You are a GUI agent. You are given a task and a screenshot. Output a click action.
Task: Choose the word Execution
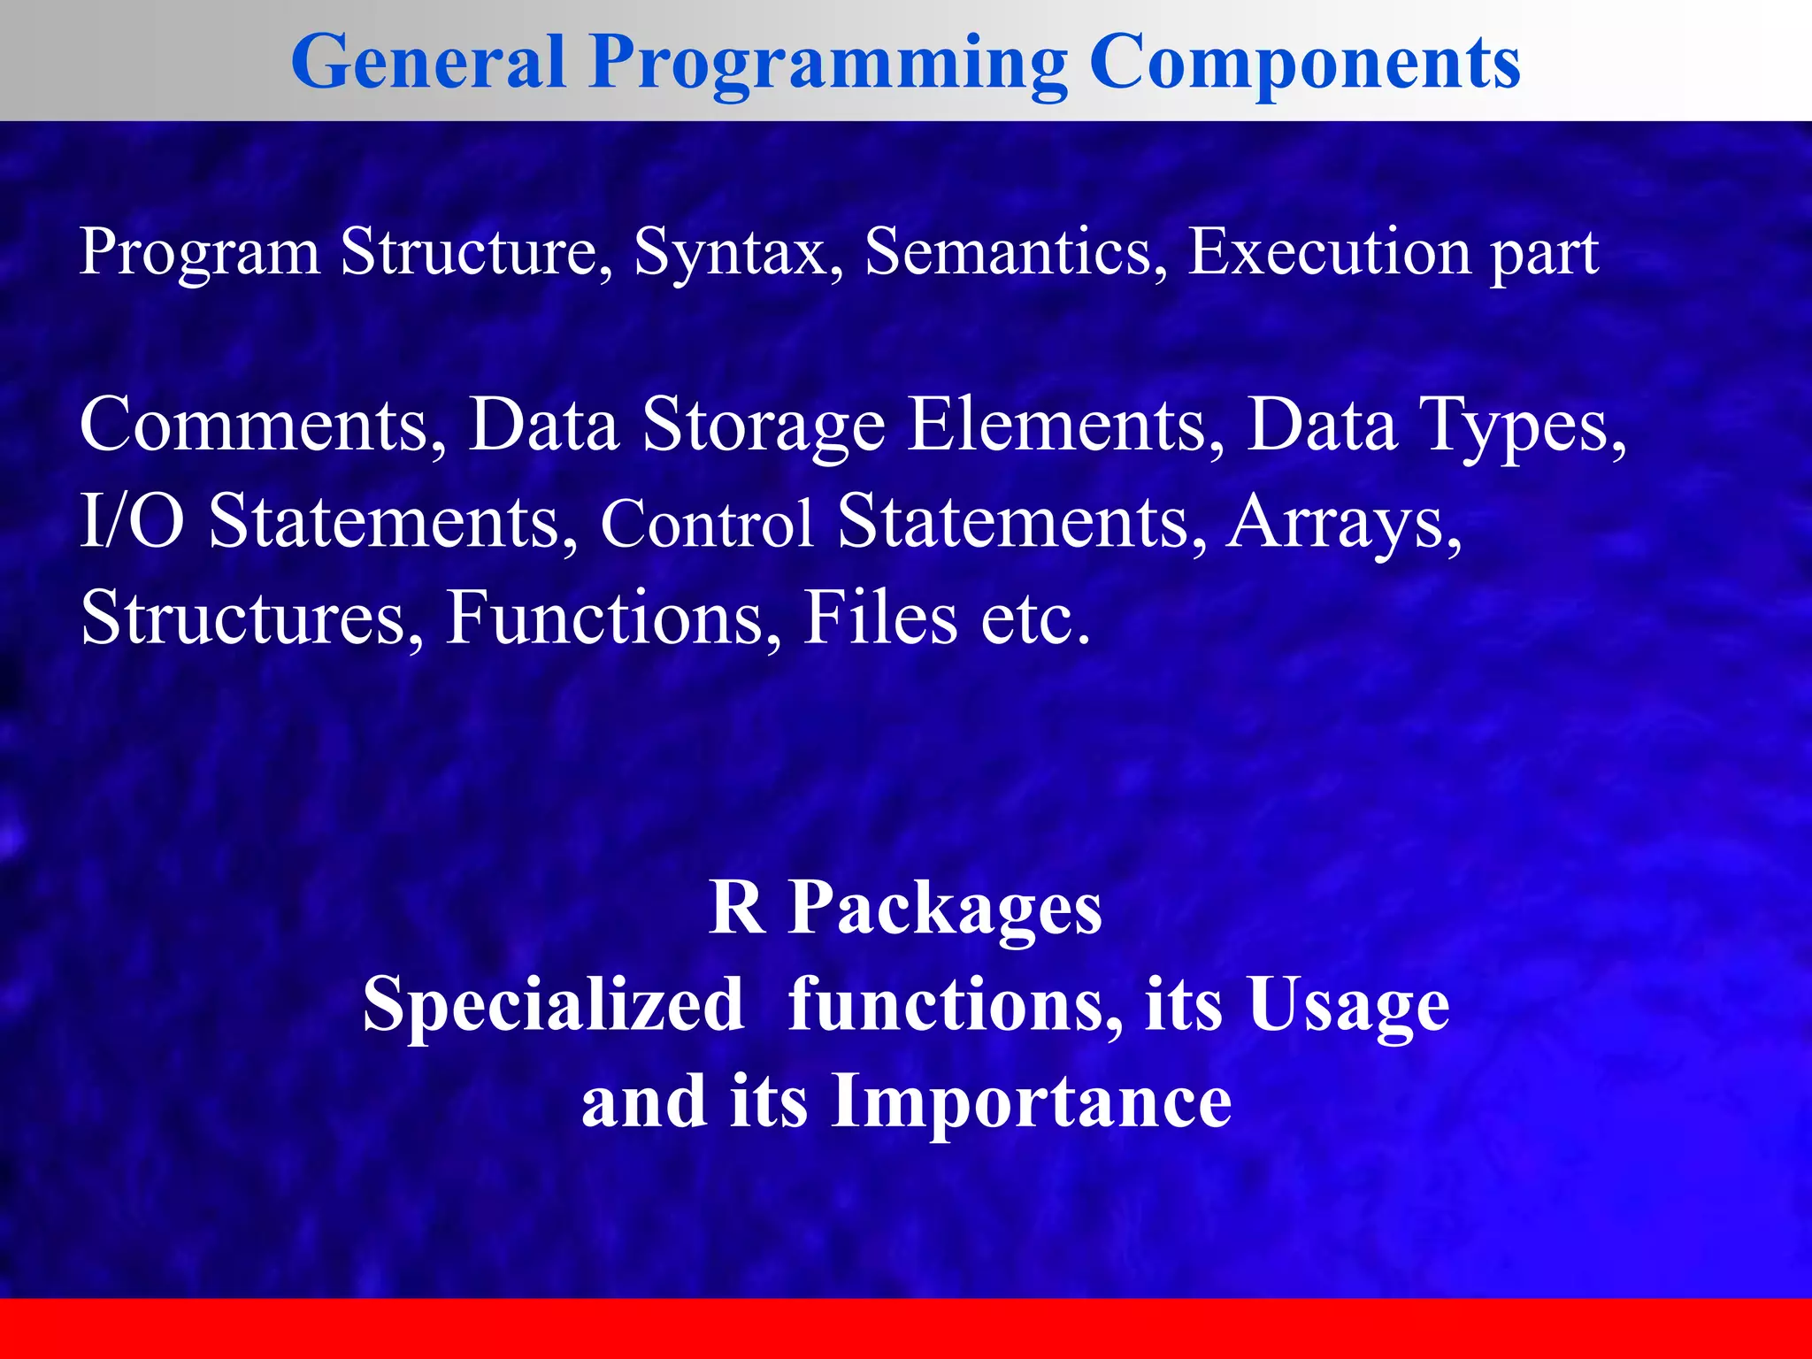(x=1328, y=251)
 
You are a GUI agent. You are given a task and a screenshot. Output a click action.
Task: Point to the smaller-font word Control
(x=706, y=523)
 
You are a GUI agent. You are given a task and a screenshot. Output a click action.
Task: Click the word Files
(x=880, y=617)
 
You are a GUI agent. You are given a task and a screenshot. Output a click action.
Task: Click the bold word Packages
(x=945, y=910)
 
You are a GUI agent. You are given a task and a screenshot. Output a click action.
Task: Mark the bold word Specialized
(x=553, y=1007)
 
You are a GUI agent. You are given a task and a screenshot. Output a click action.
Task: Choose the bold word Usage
(x=1348, y=1007)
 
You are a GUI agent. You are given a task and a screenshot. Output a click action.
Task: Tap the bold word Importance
(x=1031, y=1102)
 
